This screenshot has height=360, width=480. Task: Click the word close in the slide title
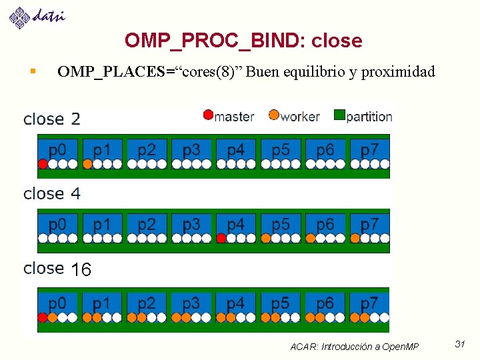[336, 41]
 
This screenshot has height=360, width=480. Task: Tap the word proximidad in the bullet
[399, 72]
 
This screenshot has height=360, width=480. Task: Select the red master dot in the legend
[208, 115]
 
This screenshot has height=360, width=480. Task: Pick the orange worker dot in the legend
[273, 115]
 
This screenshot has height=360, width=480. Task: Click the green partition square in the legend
[339, 115]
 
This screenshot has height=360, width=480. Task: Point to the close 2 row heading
[52, 119]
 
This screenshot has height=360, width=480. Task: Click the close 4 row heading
[52, 194]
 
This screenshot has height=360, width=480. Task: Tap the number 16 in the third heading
[81, 270]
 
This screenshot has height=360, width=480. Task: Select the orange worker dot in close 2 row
[87, 163]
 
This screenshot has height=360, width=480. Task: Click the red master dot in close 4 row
[221, 238]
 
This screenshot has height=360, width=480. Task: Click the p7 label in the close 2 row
[369, 149]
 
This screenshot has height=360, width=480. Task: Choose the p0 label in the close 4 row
[57, 224]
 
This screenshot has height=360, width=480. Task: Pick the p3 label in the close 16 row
[191, 303]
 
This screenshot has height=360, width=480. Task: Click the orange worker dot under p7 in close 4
[355, 238]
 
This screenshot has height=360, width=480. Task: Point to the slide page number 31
[459, 344]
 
